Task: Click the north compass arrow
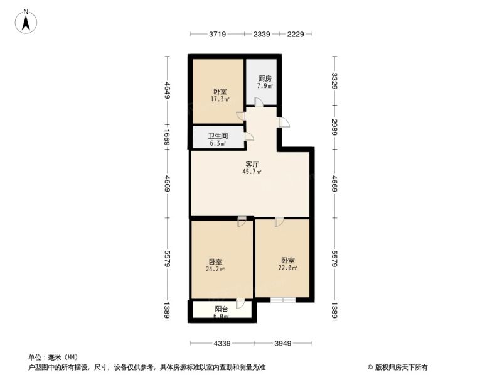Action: [x=26, y=23]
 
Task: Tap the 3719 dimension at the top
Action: [x=218, y=34]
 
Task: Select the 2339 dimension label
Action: [x=262, y=34]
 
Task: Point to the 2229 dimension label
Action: [x=295, y=34]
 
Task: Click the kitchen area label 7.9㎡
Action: [x=265, y=86]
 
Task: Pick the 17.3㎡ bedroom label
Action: [x=220, y=99]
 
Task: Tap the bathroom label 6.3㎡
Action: [x=218, y=143]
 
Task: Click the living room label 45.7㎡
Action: [x=252, y=172]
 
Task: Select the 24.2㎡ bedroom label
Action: [x=215, y=269]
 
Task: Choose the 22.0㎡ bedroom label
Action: [x=288, y=268]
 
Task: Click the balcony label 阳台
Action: [x=222, y=309]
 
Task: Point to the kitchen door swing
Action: [x=259, y=102]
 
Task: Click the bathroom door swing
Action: [x=249, y=136]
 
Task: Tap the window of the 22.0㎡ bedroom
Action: [x=283, y=300]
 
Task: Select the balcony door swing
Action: [x=240, y=303]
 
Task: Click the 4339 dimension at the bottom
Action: [x=222, y=343]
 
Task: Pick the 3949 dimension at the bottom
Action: [x=283, y=343]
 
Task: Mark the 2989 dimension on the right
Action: [x=334, y=127]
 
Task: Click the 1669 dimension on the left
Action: [x=167, y=137]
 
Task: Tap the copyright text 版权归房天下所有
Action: [x=401, y=368]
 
